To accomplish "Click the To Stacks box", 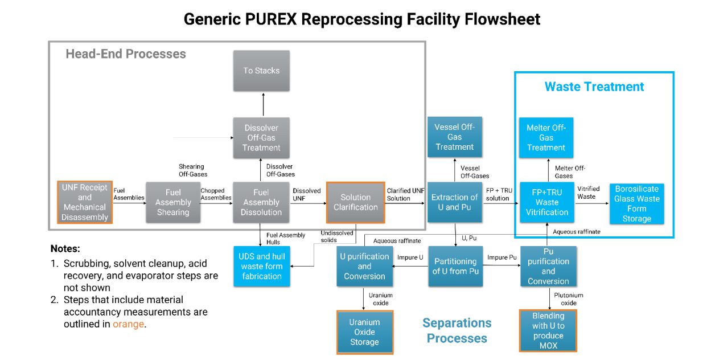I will click(261, 71).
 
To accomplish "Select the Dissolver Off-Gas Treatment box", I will click(261, 138).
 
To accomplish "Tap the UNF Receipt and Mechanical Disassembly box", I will click(85, 202).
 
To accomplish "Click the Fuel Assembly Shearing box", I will click(173, 203).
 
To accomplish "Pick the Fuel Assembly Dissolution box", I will click(261, 203).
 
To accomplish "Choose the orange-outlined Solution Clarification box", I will click(355, 202).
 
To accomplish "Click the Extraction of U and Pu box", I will click(454, 203).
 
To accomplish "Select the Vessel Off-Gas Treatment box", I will click(454, 137).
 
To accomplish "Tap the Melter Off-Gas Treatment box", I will click(546, 137).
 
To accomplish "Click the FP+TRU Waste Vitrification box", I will click(546, 203).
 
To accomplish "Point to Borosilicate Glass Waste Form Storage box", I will click(636, 203).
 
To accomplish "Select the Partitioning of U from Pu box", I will click(455, 266).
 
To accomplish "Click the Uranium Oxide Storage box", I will click(364, 332).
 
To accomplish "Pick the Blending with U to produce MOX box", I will click(548, 330).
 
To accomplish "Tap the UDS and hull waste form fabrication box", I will click(262, 266).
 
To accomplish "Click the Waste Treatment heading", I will click(594, 87).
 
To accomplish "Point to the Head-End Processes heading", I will click(126, 54).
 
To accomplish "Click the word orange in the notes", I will click(128, 324).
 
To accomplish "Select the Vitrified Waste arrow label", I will click(588, 193).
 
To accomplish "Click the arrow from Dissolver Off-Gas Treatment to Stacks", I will click(263, 104).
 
